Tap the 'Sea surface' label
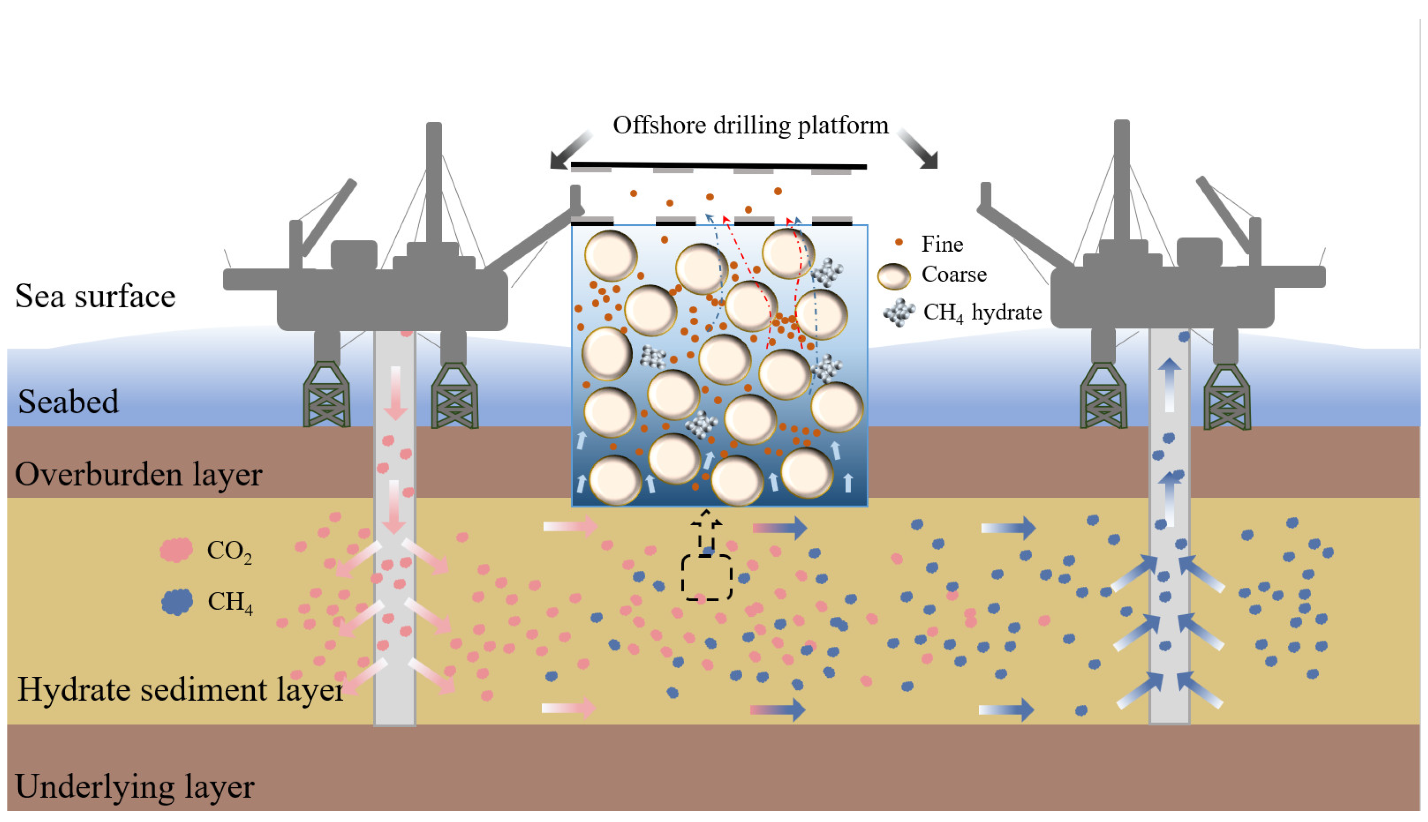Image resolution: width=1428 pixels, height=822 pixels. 95,296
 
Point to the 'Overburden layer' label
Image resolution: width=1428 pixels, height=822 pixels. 138,474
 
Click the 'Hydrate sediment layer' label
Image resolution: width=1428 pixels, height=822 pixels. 180,689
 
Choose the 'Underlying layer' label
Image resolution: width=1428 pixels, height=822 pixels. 134,786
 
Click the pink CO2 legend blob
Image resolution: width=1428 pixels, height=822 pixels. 176,549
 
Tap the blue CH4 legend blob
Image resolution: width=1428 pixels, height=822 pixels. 177,602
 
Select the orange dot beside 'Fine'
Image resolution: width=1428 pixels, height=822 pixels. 899,242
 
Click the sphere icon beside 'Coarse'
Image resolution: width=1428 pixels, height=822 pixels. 894,276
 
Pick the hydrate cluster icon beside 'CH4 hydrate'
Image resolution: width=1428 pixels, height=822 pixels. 899,312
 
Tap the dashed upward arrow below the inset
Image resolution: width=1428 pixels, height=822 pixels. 706,531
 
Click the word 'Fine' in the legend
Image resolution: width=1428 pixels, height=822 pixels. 942,244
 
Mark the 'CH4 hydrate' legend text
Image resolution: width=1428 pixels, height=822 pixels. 982,312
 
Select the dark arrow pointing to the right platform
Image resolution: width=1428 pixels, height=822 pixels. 918,149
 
